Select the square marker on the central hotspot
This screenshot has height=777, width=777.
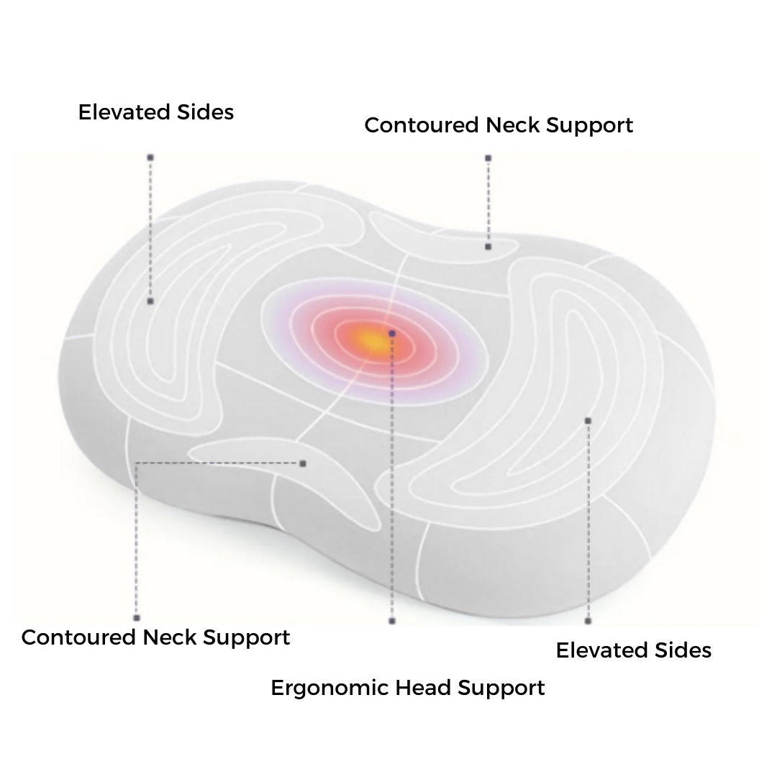(x=392, y=334)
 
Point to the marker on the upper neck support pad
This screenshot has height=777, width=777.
(x=488, y=247)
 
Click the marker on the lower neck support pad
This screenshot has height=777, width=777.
(x=303, y=463)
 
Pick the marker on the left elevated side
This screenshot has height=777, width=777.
(x=150, y=301)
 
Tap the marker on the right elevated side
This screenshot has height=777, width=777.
(x=588, y=421)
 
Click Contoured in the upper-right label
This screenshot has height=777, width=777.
(x=422, y=125)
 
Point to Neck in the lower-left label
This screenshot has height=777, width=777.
(x=170, y=637)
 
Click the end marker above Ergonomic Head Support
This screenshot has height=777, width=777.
(x=392, y=620)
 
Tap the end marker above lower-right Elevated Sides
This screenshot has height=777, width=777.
(x=588, y=620)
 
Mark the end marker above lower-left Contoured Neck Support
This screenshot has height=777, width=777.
(x=137, y=617)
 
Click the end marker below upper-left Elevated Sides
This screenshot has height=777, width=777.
(x=150, y=157)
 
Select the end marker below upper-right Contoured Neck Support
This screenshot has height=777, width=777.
(x=488, y=158)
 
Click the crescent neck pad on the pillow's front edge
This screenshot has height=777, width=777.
(x=288, y=468)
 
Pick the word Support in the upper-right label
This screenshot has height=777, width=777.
(x=589, y=125)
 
